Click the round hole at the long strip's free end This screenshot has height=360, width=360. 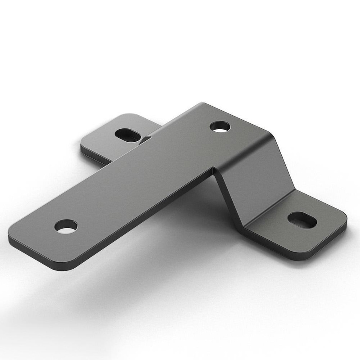[66, 226]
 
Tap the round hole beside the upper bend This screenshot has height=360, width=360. [220, 127]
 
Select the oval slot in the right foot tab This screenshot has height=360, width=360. [302, 220]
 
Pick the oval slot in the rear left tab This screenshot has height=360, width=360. [127, 134]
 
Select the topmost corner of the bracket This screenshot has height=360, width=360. [202, 105]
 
